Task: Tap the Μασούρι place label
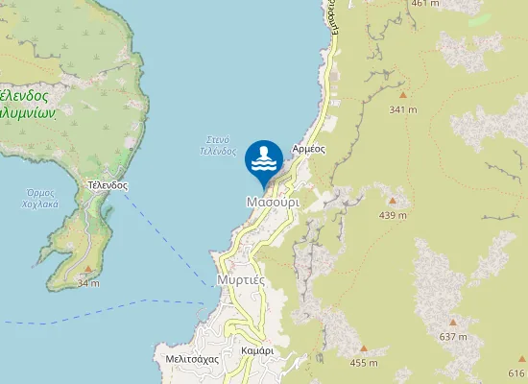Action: coord(273,204)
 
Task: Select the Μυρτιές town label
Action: coord(240,279)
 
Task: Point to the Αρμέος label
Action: coord(309,149)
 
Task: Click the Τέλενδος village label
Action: coord(107,184)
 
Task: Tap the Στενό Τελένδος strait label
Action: coord(218,145)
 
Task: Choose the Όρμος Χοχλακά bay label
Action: coord(40,199)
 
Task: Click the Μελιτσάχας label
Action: coord(192,358)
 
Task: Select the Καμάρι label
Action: coord(257,351)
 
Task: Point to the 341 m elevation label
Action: coord(403,109)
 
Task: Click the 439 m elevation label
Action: coord(393,215)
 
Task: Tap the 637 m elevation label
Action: coord(453,337)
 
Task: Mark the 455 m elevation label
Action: coord(364,363)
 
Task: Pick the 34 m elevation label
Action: coord(88,283)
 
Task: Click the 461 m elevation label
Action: coord(425,4)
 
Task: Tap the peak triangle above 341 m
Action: coord(403,95)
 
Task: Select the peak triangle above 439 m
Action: coord(393,200)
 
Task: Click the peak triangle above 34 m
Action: coord(88,270)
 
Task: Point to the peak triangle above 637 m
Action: coord(453,323)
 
